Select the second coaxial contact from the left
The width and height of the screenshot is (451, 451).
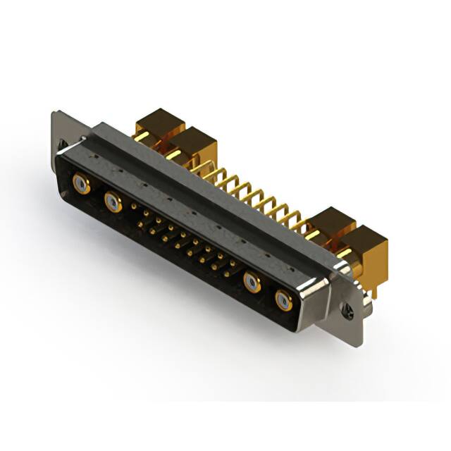[113, 203]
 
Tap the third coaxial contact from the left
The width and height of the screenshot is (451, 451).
[252, 283]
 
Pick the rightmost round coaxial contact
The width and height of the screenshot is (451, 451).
[283, 301]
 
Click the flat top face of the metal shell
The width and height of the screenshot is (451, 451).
[211, 183]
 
